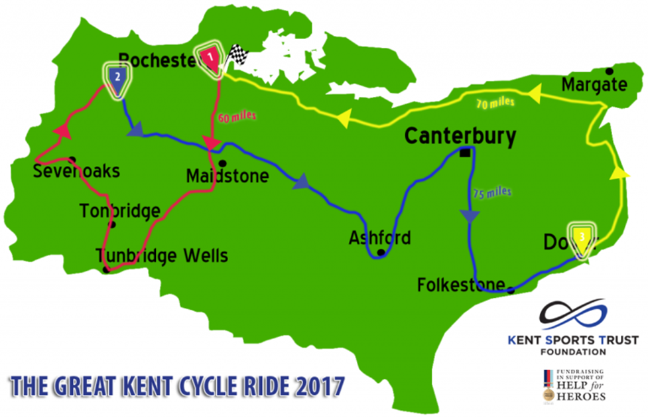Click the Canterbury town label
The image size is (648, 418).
pyautogui.click(x=460, y=137)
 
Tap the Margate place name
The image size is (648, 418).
pyautogui.click(x=594, y=85)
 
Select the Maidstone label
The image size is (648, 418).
pyautogui.click(x=227, y=176)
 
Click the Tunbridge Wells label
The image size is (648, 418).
pyautogui.click(x=162, y=255)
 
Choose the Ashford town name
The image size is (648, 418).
pyautogui.click(x=380, y=238)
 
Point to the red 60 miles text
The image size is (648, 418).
pyautogui.click(x=235, y=117)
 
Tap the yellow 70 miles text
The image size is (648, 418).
pyautogui.click(x=495, y=103)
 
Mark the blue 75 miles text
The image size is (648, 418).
pyautogui.click(x=492, y=192)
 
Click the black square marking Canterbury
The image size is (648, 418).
pyautogui.click(x=465, y=153)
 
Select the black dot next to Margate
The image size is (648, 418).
pyautogui.click(x=609, y=71)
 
